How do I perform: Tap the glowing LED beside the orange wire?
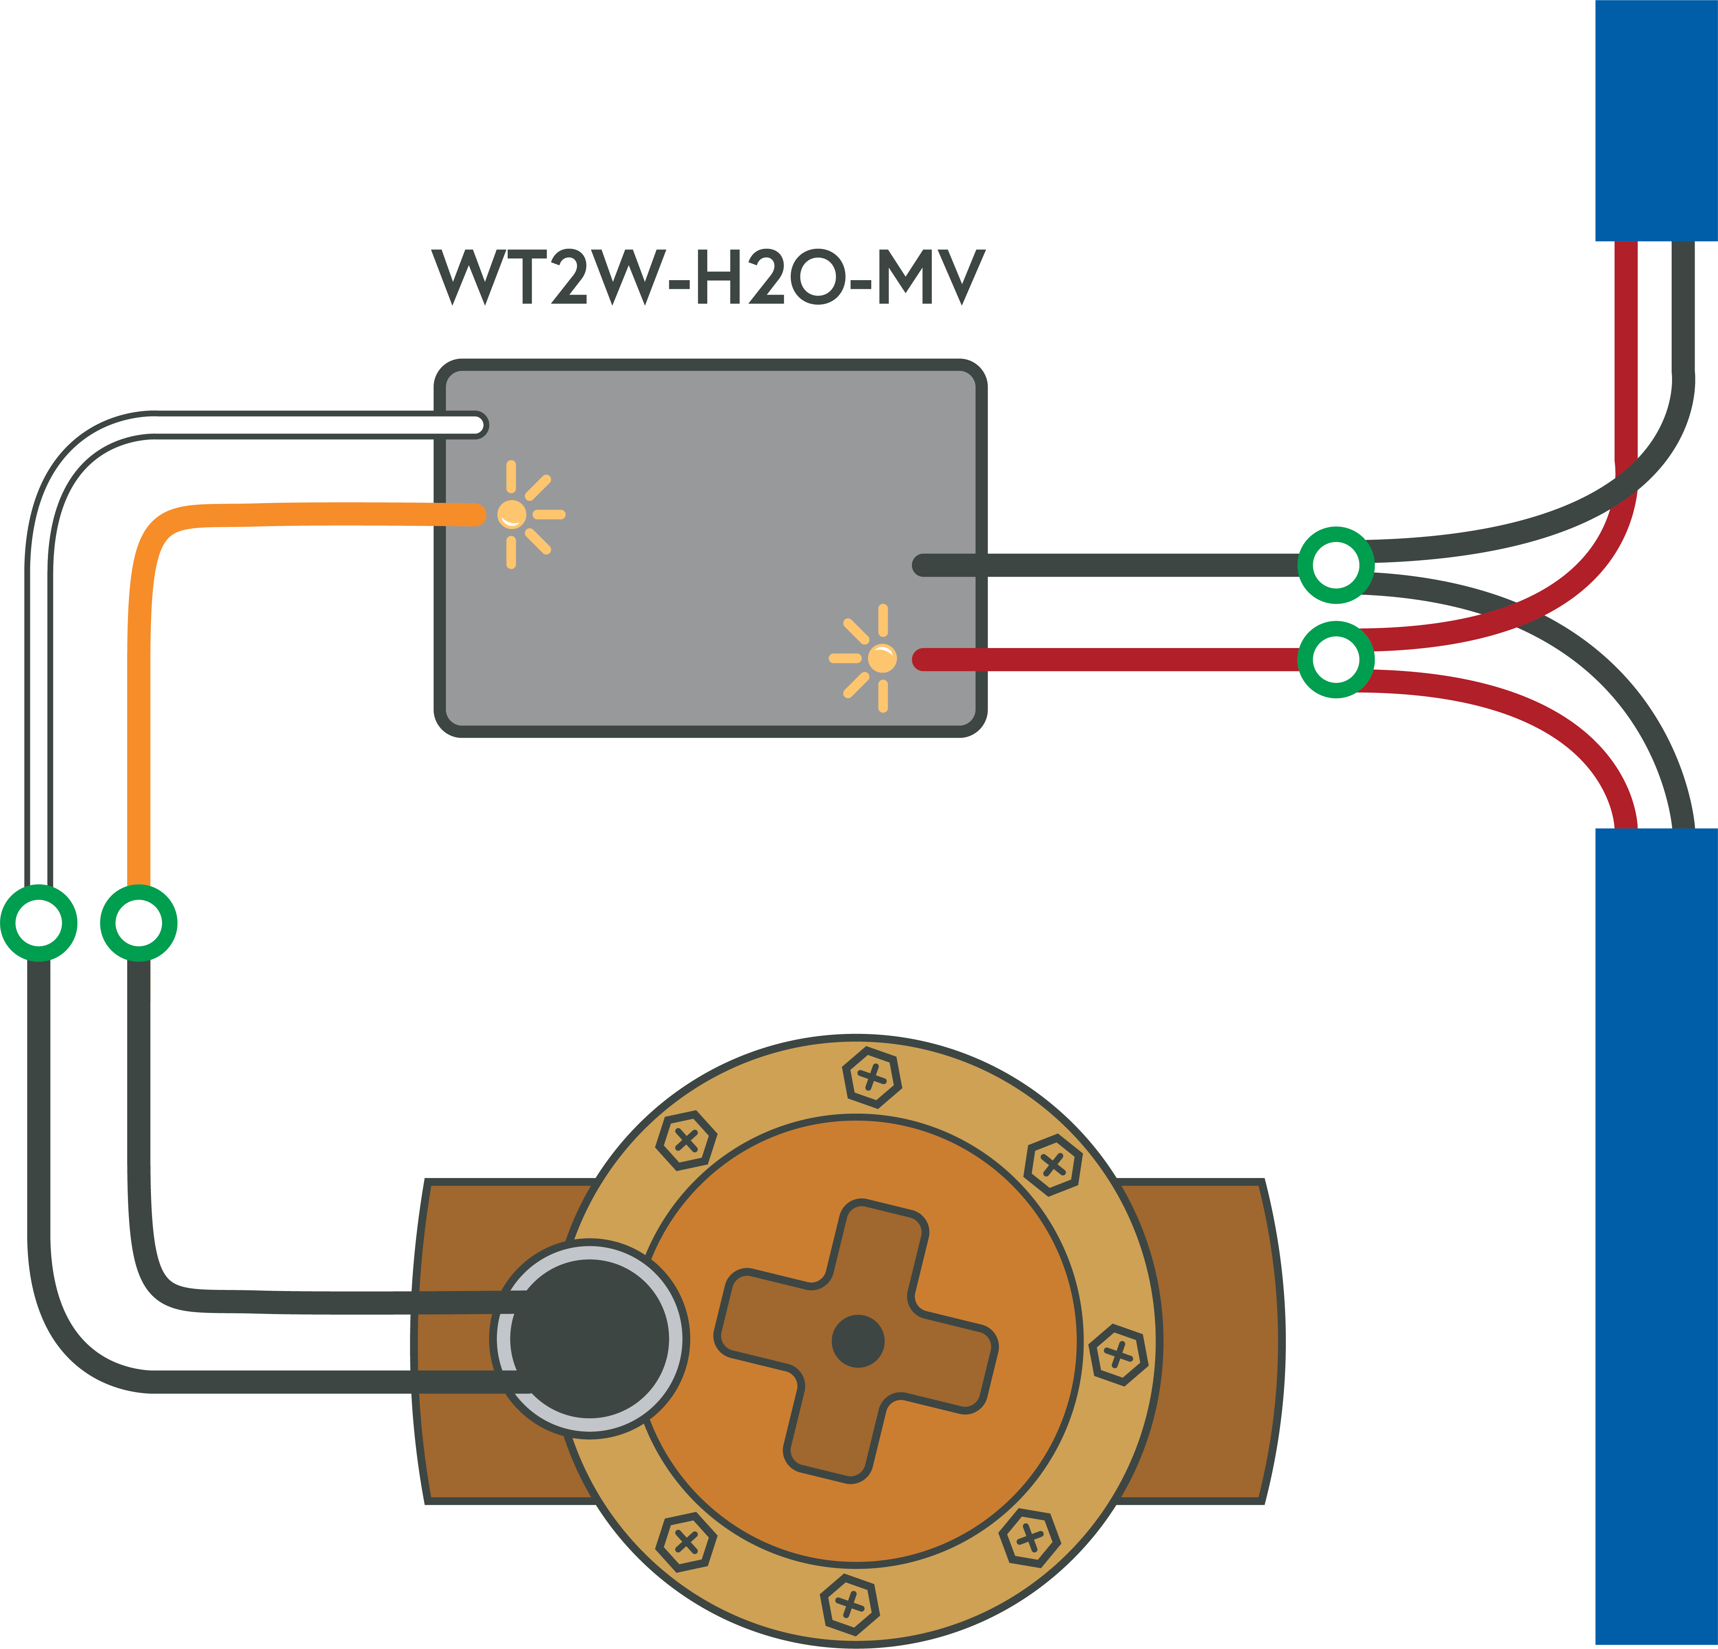512,514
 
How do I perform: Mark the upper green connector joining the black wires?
1335,566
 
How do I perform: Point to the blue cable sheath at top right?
1655,118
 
